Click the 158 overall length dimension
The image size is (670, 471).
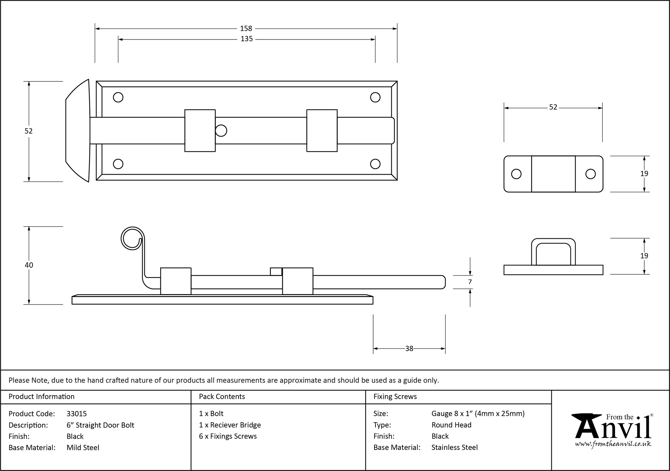click(246, 29)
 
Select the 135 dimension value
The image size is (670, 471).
click(247, 39)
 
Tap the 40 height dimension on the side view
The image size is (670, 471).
click(29, 265)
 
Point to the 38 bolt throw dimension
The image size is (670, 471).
click(409, 349)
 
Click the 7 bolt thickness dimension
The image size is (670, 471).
click(470, 282)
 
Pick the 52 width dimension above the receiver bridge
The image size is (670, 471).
click(553, 107)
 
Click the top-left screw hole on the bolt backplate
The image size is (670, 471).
click(118, 97)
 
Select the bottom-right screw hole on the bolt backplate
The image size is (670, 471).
click(375, 164)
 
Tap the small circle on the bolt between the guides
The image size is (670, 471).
click(221, 131)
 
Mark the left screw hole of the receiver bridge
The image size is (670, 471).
click(516, 174)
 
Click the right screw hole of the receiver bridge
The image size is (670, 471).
click(590, 174)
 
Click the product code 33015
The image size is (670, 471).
click(77, 414)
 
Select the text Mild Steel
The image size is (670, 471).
click(83, 448)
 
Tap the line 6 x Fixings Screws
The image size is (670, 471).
click(228, 436)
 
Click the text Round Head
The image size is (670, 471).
click(451, 425)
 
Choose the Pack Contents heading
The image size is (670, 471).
click(222, 397)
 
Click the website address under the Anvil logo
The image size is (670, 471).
click(613, 444)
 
